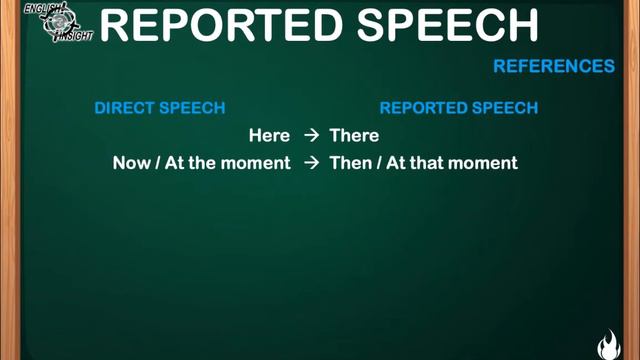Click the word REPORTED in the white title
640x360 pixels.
(x=225, y=26)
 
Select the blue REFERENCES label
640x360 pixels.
(x=554, y=67)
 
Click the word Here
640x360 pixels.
(x=269, y=136)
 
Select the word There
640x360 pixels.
(x=355, y=136)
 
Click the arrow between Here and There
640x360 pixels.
(x=310, y=136)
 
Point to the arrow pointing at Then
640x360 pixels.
(x=310, y=163)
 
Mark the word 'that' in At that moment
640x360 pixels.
(x=426, y=163)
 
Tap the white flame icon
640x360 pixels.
(x=608, y=345)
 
